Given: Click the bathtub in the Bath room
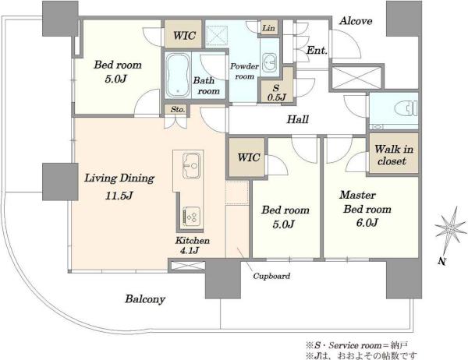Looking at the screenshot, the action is click(178, 76).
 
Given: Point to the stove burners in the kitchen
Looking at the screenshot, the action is click(191, 216).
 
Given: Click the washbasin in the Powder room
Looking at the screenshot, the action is click(271, 62).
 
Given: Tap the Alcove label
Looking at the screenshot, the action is click(356, 21).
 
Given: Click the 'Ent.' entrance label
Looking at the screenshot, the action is click(317, 51).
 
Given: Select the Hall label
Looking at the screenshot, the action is click(298, 119).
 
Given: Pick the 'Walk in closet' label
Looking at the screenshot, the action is click(394, 155).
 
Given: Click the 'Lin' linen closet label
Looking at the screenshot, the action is click(268, 28).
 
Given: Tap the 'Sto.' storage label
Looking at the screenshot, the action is click(178, 109).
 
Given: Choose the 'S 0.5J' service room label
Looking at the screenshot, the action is click(276, 93).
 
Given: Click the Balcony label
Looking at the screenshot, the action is click(145, 299).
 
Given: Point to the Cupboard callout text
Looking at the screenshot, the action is click(271, 276).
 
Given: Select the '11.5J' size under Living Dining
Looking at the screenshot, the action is click(119, 196).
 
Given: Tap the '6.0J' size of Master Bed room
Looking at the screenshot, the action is click(367, 223).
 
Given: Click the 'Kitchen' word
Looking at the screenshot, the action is click(192, 241).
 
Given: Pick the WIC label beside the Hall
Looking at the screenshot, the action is click(249, 157).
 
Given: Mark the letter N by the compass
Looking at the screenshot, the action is click(442, 261).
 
